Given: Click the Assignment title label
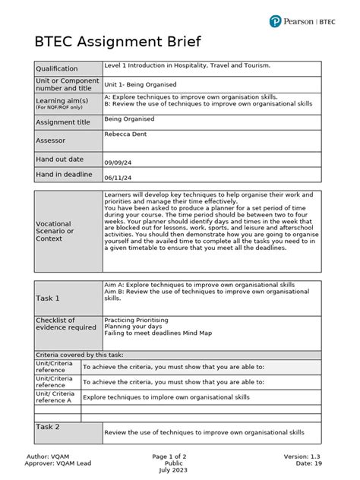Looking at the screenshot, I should pos(63,122).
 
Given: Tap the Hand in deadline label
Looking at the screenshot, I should pos(64,175).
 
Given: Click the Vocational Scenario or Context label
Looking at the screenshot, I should pos(55,231).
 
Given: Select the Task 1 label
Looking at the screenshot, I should pos(47,298).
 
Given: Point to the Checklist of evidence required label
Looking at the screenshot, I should pos(66,324).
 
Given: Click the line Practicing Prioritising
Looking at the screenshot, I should pos(137,321).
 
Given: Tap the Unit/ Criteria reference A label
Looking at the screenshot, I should pos(55,397).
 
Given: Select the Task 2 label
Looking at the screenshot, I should pos(47,427).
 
